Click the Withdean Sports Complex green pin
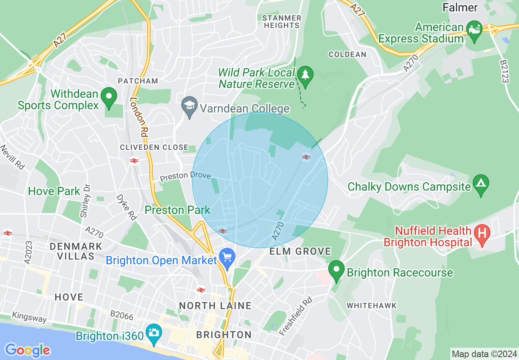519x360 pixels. [x=109, y=97]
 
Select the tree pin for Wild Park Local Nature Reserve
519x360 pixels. [x=305, y=74]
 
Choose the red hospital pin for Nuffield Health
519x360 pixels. [x=482, y=234]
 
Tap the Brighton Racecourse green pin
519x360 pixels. [x=336, y=270]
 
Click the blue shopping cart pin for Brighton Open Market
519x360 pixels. [x=227, y=257]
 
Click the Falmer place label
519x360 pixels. [x=460, y=7]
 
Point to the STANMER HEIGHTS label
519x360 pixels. [x=282, y=22]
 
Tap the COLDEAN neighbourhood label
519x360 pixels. [x=347, y=54]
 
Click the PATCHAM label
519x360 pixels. [x=138, y=81]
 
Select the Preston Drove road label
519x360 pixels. [x=185, y=177]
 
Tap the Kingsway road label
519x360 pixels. [x=29, y=317]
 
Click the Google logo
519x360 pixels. [x=27, y=350]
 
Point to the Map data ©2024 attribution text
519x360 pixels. [x=484, y=354]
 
